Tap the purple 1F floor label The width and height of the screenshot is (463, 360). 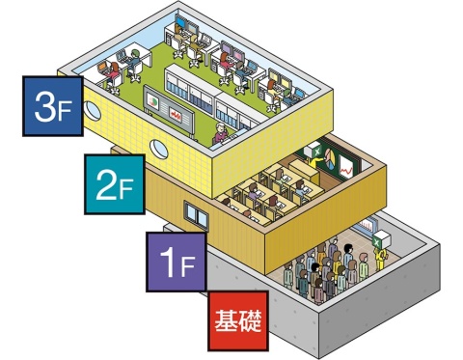(175, 260)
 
